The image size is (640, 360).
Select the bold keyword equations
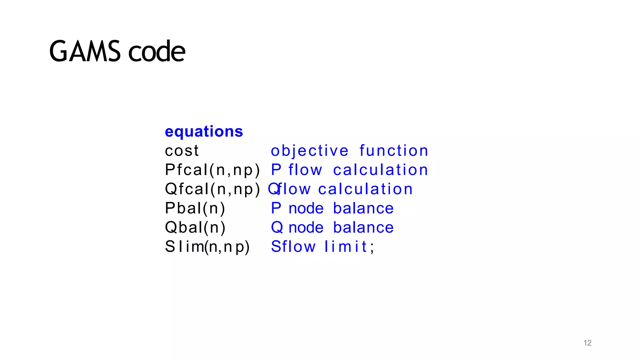coord(204,132)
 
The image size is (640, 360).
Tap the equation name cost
coord(182,151)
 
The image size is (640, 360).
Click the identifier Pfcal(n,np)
coord(212,170)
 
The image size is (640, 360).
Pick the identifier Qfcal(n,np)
coord(212,189)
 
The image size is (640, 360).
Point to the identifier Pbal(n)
coord(195,208)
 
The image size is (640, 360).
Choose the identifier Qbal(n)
coord(195,227)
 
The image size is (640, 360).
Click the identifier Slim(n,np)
coord(207,247)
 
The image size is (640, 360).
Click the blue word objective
coord(309,151)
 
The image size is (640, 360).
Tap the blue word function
coord(394,151)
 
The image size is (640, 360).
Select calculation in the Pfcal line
coord(380,170)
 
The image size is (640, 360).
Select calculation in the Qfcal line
coord(365,189)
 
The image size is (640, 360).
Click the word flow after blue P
coord(305,170)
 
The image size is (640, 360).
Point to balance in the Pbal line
coord(363,208)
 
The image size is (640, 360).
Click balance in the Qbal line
coord(363,227)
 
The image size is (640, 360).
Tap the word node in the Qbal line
coord(306,228)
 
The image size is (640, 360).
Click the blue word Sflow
coord(293,247)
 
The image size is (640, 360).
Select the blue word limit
coord(346,247)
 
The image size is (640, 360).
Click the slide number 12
coord(587,343)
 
